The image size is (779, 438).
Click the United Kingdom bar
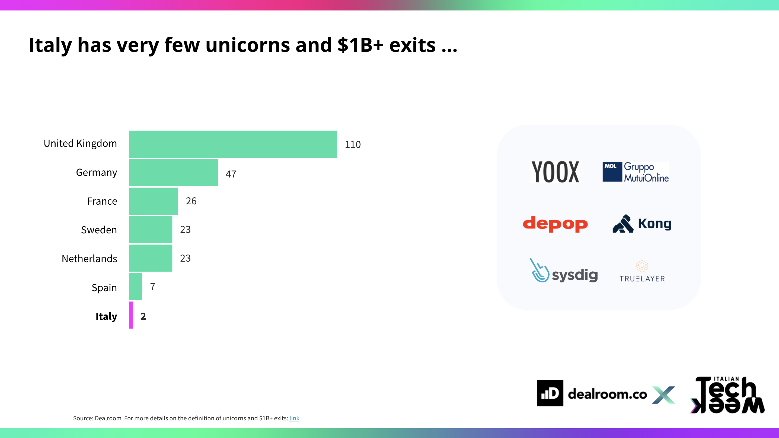tap(233, 144)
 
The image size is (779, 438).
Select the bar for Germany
tap(173, 172)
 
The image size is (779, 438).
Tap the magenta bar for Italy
tap(131, 315)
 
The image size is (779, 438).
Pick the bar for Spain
tap(135, 287)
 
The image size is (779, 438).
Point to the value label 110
tap(353, 145)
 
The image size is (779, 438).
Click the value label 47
tap(231, 174)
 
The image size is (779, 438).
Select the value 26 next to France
tap(191, 201)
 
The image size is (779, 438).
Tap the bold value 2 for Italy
tap(143, 316)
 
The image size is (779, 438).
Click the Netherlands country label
tap(89, 259)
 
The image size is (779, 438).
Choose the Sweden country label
tap(99, 230)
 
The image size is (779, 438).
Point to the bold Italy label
tap(106, 316)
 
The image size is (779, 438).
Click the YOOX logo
tap(555, 172)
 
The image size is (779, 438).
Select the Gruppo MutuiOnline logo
tap(635, 172)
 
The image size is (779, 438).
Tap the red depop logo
tap(555, 224)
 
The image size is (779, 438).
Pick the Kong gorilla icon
tap(623, 224)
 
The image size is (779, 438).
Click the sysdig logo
tap(564, 271)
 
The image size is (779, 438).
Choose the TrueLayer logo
tap(642, 271)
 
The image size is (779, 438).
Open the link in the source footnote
tap(294, 418)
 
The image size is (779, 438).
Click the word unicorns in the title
tap(248, 45)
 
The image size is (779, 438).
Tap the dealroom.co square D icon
tap(550, 393)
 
